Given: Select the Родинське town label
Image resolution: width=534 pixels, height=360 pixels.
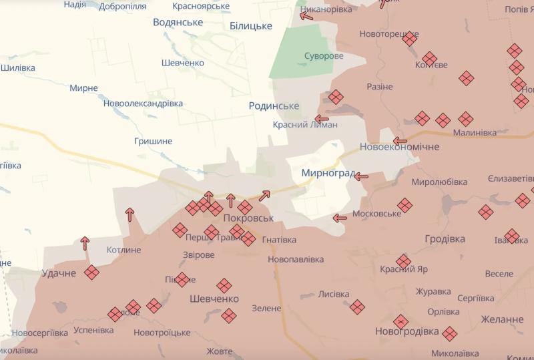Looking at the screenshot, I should pyautogui.click(x=274, y=106).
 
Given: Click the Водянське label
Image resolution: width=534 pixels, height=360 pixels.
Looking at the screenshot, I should pyautogui.click(x=178, y=22).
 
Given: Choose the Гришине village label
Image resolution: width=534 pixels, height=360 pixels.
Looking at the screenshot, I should pyautogui.click(x=153, y=141).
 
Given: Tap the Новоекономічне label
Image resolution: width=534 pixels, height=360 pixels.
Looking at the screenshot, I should pyautogui.click(x=399, y=146).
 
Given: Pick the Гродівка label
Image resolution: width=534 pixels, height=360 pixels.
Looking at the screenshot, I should pyautogui.click(x=445, y=238).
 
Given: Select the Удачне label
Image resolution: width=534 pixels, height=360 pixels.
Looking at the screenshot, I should pyautogui.click(x=58, y=273).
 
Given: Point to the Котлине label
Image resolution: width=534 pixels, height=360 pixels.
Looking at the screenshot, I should pyautogui.click(x=123, y=250).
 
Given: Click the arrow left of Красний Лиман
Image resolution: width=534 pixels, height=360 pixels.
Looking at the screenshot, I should pyautogui.click(x=322, y=120).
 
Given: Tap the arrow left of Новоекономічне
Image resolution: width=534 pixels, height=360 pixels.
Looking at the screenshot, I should pyautogui.click(x=400, y=141).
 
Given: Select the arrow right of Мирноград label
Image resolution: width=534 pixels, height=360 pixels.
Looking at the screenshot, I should pyautogui.click(x=361, y=176).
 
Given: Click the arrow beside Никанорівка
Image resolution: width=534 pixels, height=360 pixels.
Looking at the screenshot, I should pyautogui.click(x=306, y=15).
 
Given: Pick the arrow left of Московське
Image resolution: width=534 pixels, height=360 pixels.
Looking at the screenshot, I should pyautogui.click(x=340, y=218).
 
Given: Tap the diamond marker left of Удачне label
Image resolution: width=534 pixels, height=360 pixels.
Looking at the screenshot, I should pyautogui.click(x=91, y=273).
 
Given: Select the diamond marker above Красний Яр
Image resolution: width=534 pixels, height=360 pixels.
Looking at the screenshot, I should pyautogui.click(x=403, y=261).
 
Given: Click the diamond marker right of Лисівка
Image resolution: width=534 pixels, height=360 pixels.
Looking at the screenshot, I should pyautogui.click(x=357, y=307).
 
